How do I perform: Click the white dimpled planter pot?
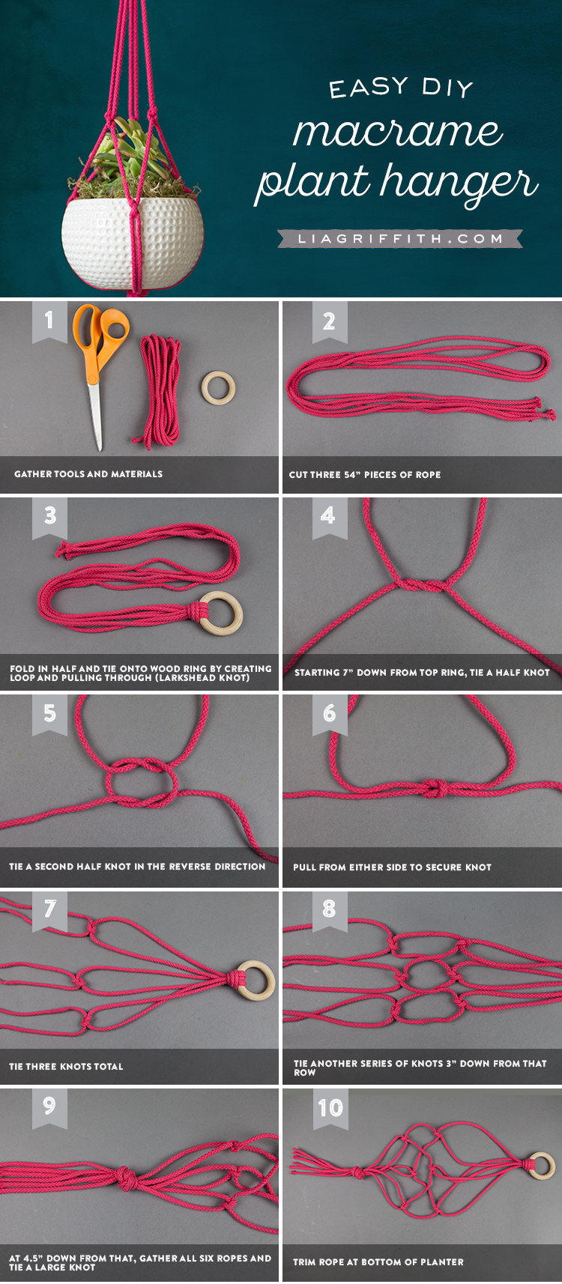(x=133, y=241)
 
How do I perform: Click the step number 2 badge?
(x=330, y=321)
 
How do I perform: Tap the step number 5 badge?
(x=50, y=714)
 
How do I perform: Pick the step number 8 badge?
(x=330, y=909)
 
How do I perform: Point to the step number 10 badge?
(x=330, y=1108)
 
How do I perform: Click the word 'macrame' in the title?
(x=398, y=131)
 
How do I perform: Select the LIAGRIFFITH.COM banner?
(x=400, y=238)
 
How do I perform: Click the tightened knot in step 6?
(x=436, y=788)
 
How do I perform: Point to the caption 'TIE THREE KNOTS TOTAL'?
(x=66, y=1066)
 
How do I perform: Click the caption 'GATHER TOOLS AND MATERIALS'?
(x=88, y=474)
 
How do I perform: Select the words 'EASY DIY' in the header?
(x=402, y=88)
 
